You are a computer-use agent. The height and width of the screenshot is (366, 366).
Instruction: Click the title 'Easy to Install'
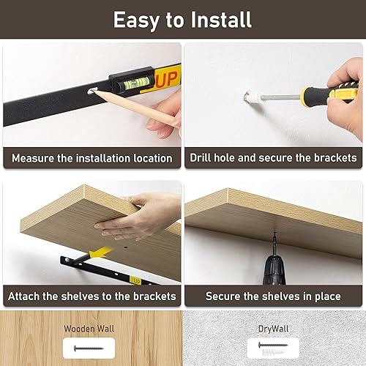(x=182, y=19)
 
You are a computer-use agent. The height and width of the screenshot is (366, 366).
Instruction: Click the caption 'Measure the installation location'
(x=92, y=157)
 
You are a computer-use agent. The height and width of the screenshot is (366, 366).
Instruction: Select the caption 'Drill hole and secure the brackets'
(x=273, y=157)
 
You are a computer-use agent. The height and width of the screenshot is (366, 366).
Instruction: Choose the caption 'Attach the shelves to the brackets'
(x=92, y=296)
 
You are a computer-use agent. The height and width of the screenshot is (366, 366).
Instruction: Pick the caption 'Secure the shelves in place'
(x=273, y=296)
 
